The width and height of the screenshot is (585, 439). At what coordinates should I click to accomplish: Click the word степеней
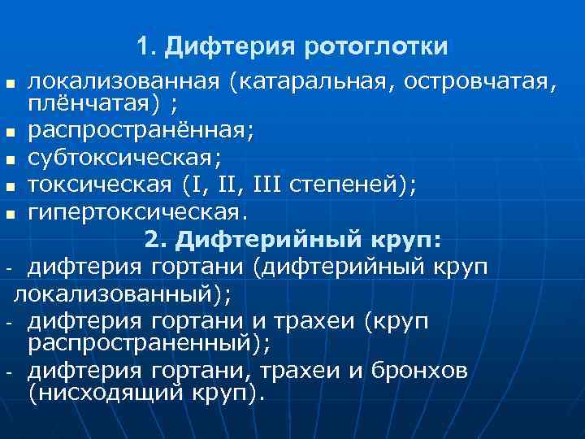tap(349, 185)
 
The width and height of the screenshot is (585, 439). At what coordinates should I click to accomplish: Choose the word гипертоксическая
tap(134, 214)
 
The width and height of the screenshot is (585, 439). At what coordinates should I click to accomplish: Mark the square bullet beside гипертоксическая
tap(10, 215)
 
